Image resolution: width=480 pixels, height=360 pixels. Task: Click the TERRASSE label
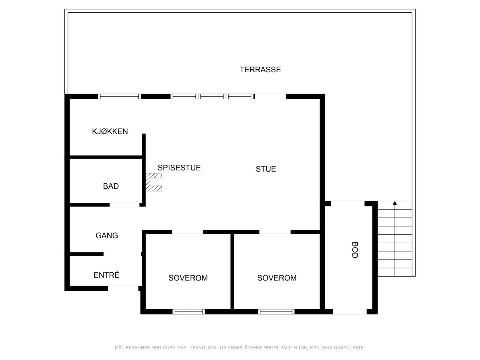[x=260, y=70]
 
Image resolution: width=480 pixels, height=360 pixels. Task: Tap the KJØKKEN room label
[x=110, y=131]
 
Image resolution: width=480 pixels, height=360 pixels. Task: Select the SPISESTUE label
[x=179, y=168]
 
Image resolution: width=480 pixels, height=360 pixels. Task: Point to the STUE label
[x=266, y=169]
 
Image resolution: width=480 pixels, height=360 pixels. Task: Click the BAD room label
[x=111, y=186]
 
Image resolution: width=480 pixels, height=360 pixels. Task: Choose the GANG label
[x=106, y=236]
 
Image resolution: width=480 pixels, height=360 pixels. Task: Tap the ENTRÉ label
[x=106, y=275]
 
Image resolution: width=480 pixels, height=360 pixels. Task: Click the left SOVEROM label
[x=188, y=278]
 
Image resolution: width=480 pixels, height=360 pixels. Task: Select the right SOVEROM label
[x=277, y=278]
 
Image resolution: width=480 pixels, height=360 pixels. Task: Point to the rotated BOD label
[x=355, y=250]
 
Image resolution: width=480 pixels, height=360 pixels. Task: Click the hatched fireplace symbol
[x=154, y=182]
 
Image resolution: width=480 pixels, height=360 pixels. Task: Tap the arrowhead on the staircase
[x=395, y=203]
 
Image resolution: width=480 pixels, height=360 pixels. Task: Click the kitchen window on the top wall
[x=119, y=97]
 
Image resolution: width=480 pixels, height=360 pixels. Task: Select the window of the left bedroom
[x=189, y=312]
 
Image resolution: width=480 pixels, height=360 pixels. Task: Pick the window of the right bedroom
[x=276, y=312]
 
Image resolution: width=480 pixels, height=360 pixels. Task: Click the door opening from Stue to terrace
[x=270, y=97]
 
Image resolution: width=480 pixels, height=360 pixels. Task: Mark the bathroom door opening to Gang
[x=124, y=205]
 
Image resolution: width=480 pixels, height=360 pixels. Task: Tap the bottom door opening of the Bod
[x=350, y=312]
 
